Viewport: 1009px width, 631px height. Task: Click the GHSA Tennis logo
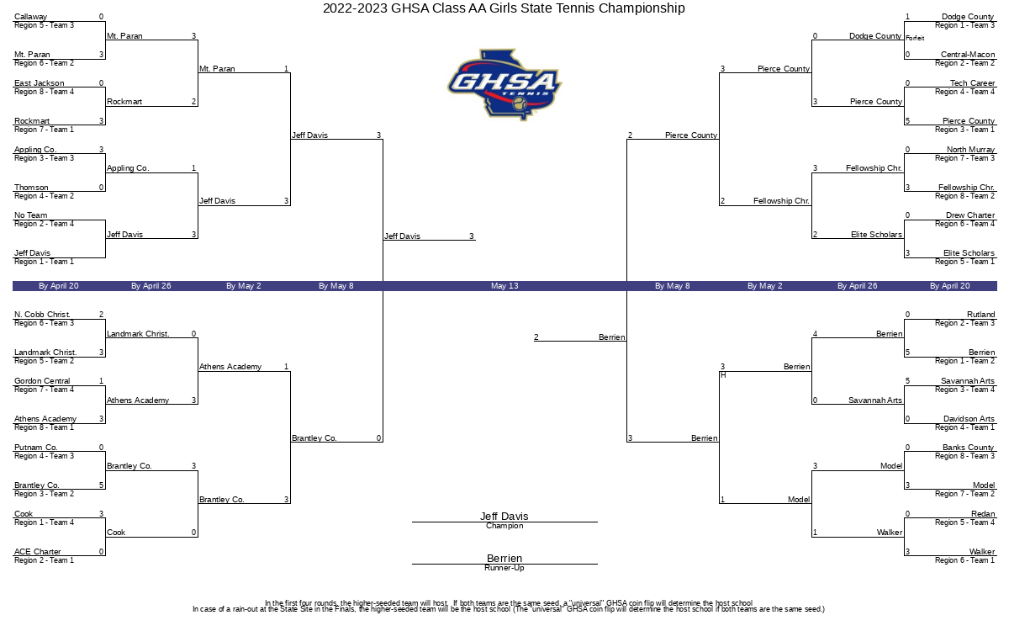pos(504,85)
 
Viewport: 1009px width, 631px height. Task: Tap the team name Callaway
pos(30,17)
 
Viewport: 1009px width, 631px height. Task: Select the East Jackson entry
pos(40,83)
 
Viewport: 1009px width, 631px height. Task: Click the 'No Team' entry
pos(30,215)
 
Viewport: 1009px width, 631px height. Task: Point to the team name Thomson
pos(31,187)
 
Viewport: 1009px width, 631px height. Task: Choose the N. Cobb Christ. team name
pos(42,314)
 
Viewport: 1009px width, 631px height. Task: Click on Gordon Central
pos(42,381)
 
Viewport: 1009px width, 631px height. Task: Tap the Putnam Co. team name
pos(35,447)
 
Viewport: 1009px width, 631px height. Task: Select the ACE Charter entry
pos(37,552)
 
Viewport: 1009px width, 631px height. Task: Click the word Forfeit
pos(915,39)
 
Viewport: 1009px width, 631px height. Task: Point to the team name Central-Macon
pos(968,55)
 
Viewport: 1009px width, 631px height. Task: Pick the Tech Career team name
pos(972,83)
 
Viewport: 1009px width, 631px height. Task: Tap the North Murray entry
pos(970,149)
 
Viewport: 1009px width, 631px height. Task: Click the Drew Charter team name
pos(969,215)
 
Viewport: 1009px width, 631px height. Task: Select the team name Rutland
pos(980,314)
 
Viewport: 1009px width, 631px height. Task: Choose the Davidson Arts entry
pos(969,419)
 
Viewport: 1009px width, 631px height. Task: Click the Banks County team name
pos(968,447)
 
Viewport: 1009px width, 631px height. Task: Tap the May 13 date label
pos(504,286)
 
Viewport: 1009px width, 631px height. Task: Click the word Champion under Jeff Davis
pos(504,526)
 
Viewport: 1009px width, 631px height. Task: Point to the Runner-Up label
pos(504,568)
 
